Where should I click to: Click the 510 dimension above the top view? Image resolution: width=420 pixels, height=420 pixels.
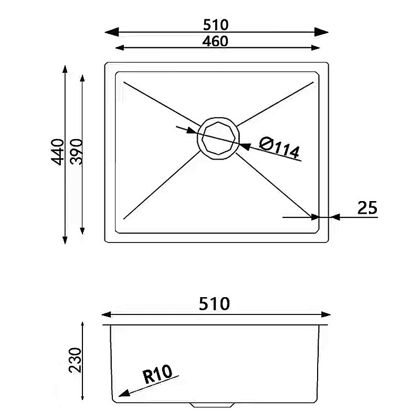[216, 25]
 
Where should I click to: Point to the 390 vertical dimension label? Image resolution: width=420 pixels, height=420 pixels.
[77, 152]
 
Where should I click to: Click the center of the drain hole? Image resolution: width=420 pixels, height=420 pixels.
[217, 138]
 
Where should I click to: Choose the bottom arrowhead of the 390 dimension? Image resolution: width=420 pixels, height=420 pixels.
[82, 230]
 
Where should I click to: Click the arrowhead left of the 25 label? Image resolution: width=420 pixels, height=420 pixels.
[335, 216]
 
